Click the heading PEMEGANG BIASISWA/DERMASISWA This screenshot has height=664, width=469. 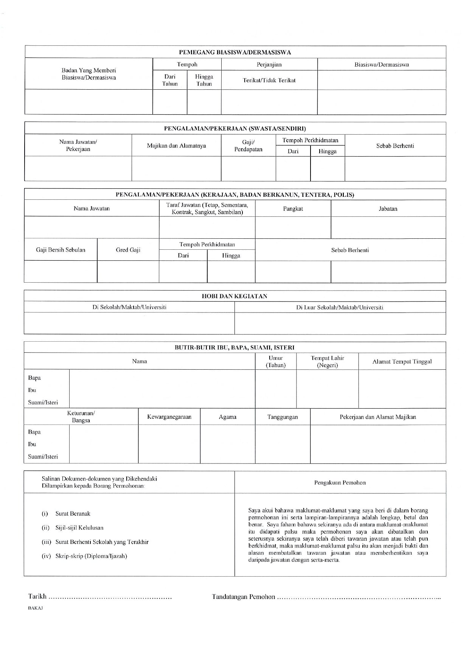click(235, 52)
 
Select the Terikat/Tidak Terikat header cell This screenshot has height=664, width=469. click(269, 80)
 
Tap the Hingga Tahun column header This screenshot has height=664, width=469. click(204, 80)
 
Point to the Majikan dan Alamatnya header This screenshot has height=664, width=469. click(176, 146)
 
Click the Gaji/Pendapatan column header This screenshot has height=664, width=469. click(248, 146)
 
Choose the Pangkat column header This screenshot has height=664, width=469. click(293, 208)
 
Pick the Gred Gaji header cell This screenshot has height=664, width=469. click(128, 250)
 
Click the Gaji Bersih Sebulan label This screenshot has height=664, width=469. click(61, 250)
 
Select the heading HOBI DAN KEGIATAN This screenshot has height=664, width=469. click(234, 296)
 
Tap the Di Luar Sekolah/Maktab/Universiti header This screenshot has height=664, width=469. click(340, 307)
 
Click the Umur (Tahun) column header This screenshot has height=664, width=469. click(276, 361)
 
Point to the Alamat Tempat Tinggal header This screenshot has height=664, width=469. click(402, 361)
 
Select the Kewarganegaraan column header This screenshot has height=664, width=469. click(169, 417)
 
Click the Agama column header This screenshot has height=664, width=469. click(227, 417)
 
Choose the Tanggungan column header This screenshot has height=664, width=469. click(283, 417)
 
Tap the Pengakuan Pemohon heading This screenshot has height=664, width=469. click(340, 482)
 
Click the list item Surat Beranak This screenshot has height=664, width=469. click(73, 513)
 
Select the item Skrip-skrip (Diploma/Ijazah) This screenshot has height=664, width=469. click(91, 556)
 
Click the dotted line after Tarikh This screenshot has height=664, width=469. click(110, 598)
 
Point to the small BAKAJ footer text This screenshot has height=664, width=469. click(36, 608)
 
